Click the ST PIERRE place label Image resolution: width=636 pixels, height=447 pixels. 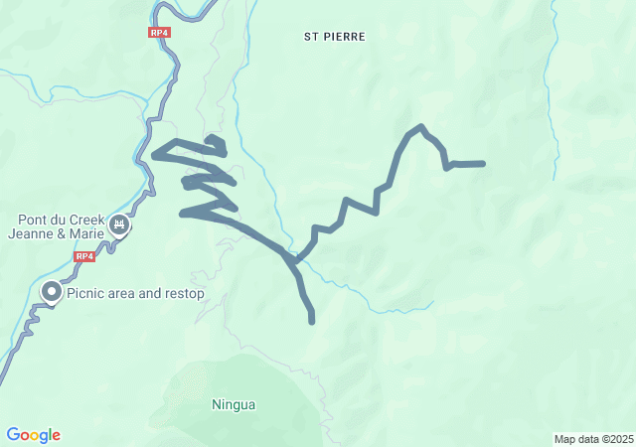(335, 36)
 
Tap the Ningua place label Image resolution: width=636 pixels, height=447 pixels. (234, 404)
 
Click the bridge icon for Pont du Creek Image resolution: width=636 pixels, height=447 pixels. (120, 225)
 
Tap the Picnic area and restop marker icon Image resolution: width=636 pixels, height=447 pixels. (51, 292)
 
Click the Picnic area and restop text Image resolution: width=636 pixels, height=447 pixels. (135, 293)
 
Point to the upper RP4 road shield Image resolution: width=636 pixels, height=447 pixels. (159, 33)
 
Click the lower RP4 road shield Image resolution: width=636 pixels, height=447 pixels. (84, 256)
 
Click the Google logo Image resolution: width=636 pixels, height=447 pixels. (33, 435)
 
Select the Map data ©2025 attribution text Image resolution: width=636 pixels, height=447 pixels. (593, 439)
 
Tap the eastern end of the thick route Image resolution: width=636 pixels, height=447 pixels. (483, 163)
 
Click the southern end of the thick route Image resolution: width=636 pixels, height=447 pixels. (312, 321)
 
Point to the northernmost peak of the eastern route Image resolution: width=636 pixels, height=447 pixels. (422, 126)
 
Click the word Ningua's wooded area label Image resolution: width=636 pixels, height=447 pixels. (234, 404)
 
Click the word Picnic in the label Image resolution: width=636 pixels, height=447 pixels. (85, 293)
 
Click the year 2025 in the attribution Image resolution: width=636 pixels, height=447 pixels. (620, 439)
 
